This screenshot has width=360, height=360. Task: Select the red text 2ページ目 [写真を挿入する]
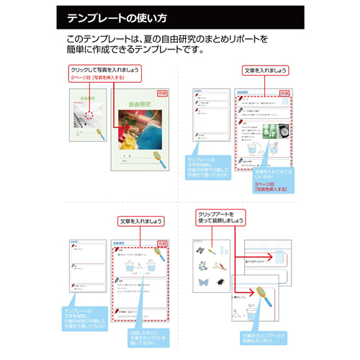100,77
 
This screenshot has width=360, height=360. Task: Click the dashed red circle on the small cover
89,113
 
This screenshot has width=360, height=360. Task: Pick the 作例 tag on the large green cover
162,94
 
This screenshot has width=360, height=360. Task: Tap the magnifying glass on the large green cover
156,156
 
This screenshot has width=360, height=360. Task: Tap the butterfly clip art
204,283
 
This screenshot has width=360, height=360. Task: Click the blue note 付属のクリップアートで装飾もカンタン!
261,337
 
